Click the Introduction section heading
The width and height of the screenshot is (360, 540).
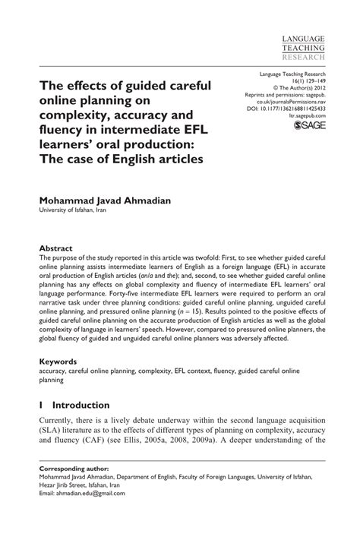pyautogui.click(x=80, y=406)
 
